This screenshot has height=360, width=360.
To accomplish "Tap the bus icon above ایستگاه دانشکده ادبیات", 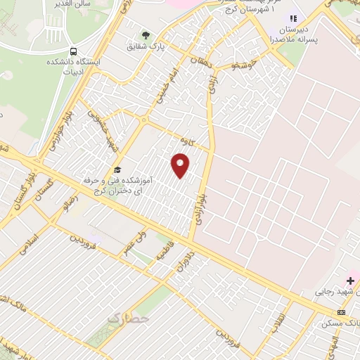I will tap(73, 51).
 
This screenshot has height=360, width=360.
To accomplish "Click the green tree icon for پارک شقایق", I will tap(146, 35).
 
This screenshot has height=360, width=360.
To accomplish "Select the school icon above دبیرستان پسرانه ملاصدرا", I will tap(294, 18).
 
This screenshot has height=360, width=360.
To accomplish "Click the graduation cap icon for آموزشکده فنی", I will tap(117, 171).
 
